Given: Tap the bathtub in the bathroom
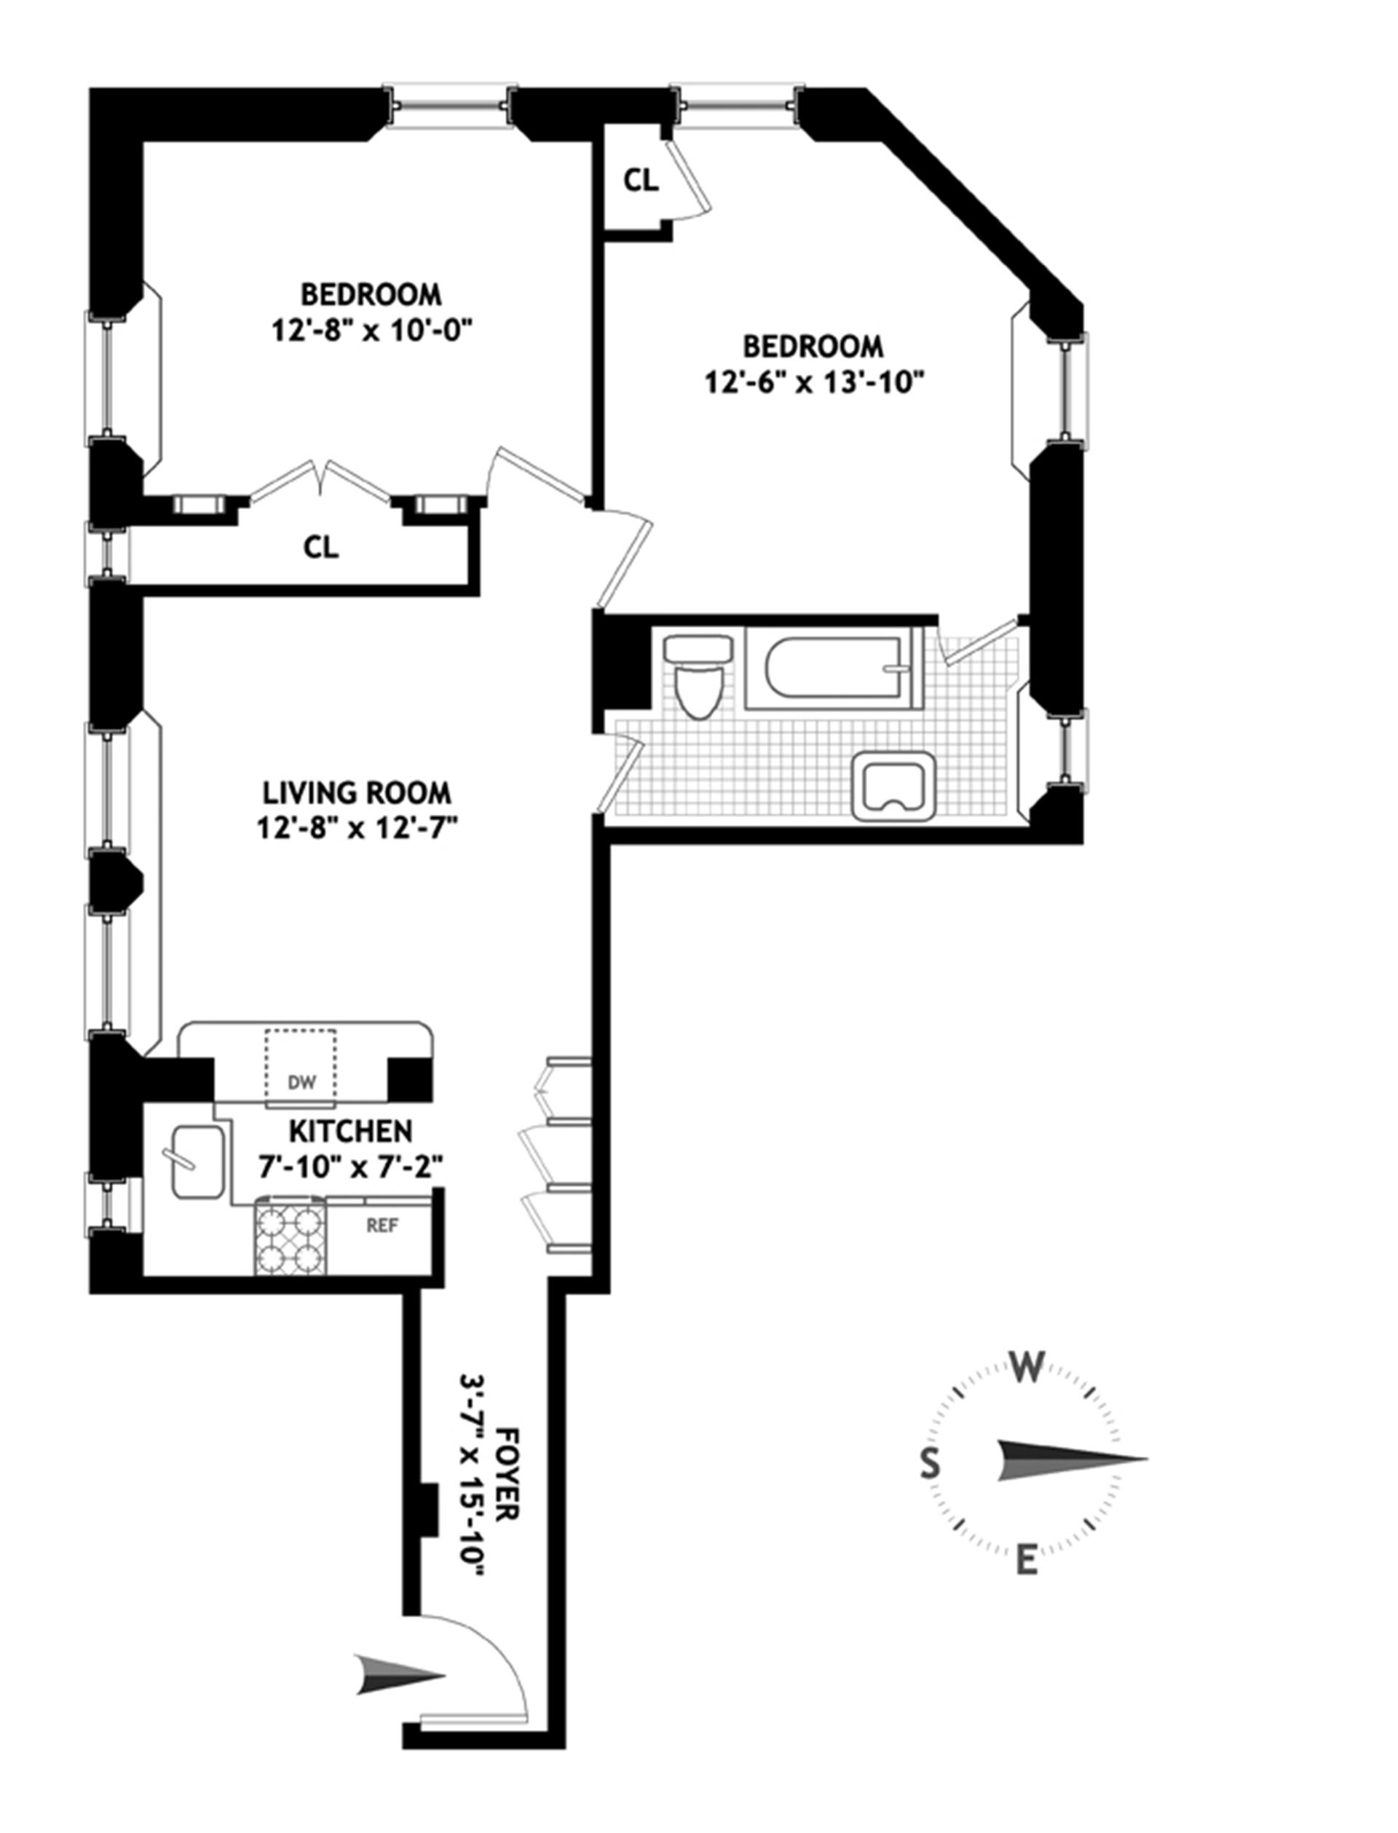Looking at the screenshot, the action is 833,668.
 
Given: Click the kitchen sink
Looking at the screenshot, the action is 198,1162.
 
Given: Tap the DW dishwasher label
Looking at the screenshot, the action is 302,1082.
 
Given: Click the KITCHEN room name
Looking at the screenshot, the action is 350,1131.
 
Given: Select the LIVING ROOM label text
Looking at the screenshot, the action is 357,792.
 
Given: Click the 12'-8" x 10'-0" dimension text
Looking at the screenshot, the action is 372,331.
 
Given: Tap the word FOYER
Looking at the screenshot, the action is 507,1473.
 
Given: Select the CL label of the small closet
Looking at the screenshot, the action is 641,180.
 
